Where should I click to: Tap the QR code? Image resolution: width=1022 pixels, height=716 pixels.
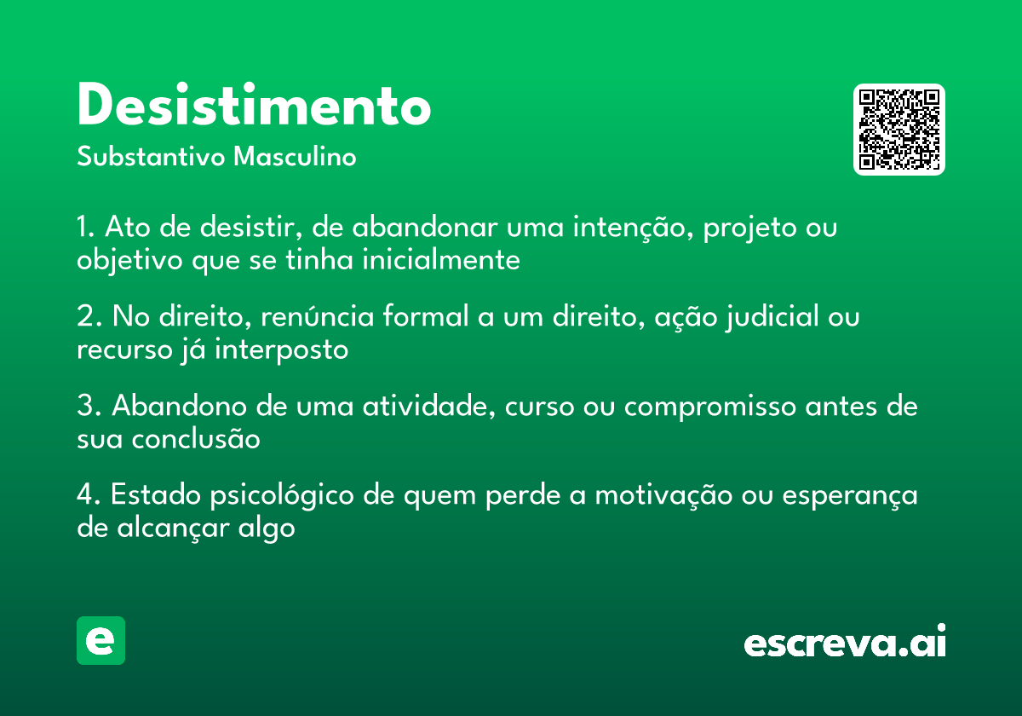tap(899, 130)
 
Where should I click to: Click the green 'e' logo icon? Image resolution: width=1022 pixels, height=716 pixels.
tap(100, 640)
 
